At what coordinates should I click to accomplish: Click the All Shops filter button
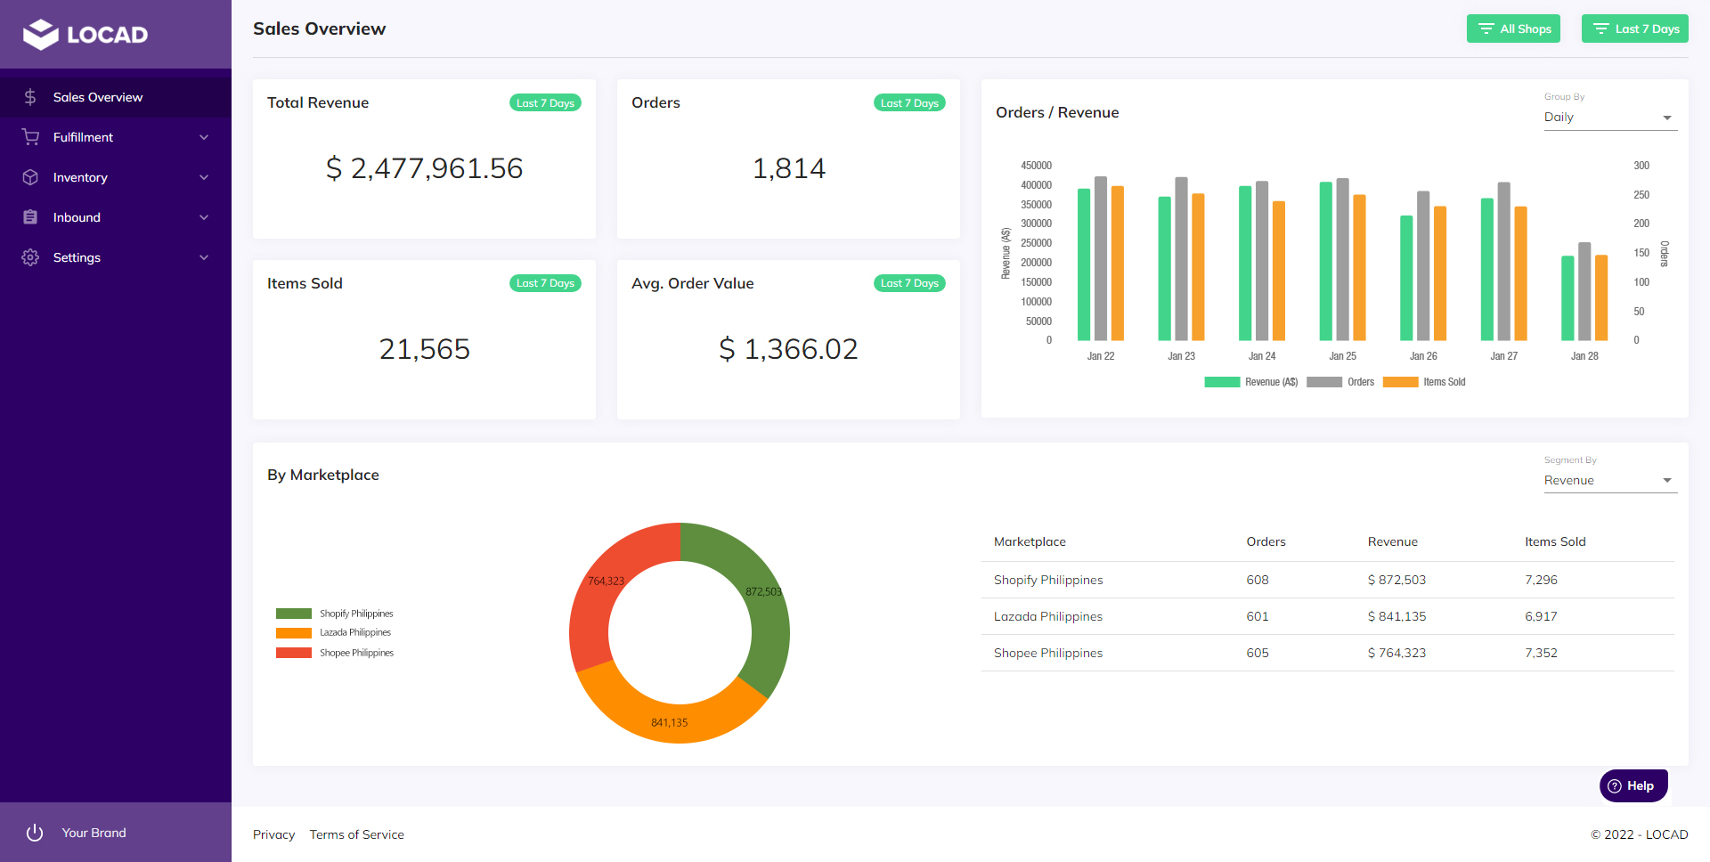(x=1513, y=28)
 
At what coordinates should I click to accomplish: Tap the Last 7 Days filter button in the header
(x=1635, y=28)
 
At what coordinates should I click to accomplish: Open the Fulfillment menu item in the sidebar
(x=83, y=137)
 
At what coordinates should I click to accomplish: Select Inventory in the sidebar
(x=80, y=177)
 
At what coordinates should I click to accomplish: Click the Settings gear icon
(x=30, y=257)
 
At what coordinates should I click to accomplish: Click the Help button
(x=1633, y=785)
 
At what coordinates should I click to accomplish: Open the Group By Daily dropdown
(x=1609, y=118)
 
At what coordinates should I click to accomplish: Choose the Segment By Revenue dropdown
(x=1609, y=481)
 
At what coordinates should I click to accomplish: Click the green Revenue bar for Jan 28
(x=1567, y=298)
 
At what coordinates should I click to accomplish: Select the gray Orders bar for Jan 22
(x=1101, y=258)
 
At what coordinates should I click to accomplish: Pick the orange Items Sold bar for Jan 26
(x=1440, y=273)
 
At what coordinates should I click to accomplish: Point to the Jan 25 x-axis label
(x=1342, y=356)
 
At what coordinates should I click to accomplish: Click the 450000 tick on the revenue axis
(x=1036, y=166)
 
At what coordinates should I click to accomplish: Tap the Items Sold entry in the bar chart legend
(x=1443, y=382)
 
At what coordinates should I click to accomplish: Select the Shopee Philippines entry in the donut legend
(x=355, y=653)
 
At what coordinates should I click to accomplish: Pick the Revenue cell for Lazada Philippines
(x=1396, y=616)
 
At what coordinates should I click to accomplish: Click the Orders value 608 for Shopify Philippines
(x=1258, y=580)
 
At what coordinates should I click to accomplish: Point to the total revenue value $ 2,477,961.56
(x=424, y=168)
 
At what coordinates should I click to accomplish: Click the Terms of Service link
(x=356, y=834)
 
